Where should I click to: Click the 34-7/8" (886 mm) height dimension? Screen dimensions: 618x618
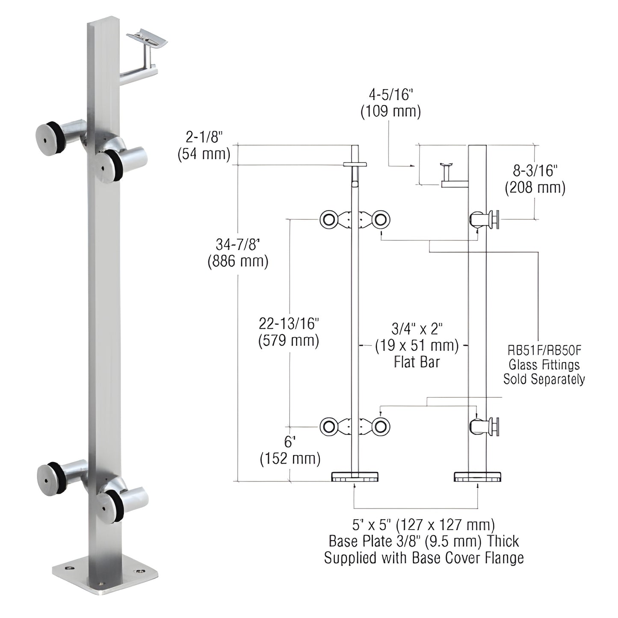238,252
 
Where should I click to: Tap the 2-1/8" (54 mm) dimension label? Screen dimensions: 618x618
204,145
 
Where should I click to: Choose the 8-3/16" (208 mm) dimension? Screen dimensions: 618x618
535,179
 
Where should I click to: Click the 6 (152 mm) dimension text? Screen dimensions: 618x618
290,451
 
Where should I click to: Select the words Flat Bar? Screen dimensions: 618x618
417,362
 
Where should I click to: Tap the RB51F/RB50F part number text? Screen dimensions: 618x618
544,351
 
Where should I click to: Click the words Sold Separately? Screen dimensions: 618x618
544,379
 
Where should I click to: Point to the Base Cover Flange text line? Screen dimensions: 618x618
423,558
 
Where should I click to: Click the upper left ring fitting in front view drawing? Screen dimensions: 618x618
329,220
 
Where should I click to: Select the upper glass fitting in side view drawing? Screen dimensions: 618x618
487,220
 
